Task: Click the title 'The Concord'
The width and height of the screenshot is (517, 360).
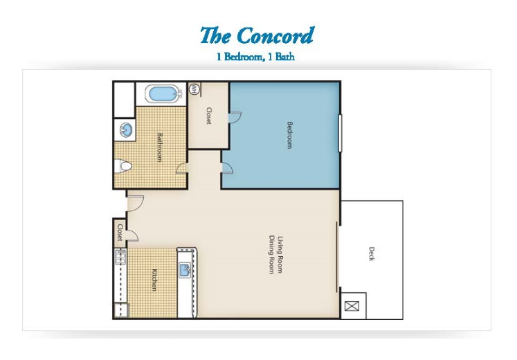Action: click(257, 35)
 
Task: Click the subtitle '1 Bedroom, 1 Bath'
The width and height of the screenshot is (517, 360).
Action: click(255, 57)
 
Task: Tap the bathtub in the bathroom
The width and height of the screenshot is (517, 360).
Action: click(163, 94)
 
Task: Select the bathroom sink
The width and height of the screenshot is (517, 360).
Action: click(126, 129)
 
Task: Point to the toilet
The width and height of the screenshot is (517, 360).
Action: click(123, 166)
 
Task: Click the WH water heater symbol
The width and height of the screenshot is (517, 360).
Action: click(194, 89)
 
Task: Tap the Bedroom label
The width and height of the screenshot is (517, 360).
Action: click(289, 135)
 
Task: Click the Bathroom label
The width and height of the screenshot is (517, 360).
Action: click(160, 147)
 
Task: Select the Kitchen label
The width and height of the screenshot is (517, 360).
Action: click(154, 280)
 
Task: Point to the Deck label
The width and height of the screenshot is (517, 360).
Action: click(372, 253)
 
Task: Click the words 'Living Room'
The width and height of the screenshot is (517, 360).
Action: click(280, 254)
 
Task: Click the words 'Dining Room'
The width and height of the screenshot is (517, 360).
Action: click(272, 255)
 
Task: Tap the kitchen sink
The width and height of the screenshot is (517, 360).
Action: click(185, 270)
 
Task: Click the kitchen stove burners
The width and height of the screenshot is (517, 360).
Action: click(120, 256)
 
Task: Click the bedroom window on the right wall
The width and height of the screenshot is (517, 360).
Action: click(340, 133)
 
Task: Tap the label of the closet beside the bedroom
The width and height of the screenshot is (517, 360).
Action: click(209, 116)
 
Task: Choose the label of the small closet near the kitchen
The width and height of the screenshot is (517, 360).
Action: click(120, 233)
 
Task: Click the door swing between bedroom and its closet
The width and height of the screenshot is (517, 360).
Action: click(235, 117)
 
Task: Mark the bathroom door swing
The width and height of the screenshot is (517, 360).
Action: click(181, 168)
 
